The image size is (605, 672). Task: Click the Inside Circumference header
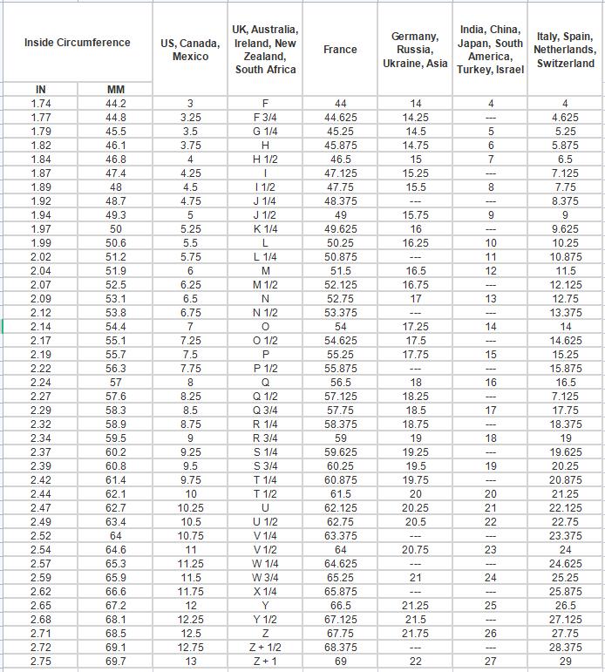pos(77,43)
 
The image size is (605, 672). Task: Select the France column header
pos(340,50)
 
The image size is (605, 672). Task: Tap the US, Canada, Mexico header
pos(190,50)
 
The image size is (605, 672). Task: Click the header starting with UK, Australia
pos(265,50)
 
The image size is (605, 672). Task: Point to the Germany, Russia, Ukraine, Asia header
pos(415,50)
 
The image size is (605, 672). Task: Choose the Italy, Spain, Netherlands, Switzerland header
pos(566,50)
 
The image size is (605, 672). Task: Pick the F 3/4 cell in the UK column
pos(265,118)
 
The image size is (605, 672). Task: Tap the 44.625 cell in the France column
pos(340,118)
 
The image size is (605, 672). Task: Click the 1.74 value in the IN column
pos(41,104)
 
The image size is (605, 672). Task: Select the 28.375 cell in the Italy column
pos(566,648)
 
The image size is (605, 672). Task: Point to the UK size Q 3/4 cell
pos(265,410)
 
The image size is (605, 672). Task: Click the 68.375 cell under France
pos(340,648)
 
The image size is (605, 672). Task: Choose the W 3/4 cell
pos(265,578)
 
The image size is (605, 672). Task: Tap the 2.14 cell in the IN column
pos(41,326)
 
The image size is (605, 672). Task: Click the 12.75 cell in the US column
pos(190,648)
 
